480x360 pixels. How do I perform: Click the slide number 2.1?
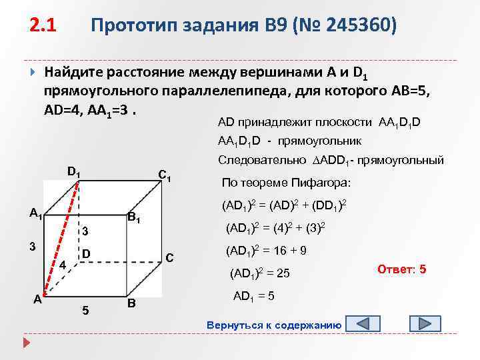click(43, 26)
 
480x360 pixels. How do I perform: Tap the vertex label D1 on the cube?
click(73, 173)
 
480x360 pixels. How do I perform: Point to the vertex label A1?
click(36, 214)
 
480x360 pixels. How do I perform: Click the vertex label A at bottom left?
click(38, 299)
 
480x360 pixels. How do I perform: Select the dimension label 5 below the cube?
click(84, 310)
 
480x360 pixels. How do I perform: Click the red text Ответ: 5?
click(402, 270)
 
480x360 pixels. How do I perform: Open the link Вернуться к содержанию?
click(275, 325)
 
